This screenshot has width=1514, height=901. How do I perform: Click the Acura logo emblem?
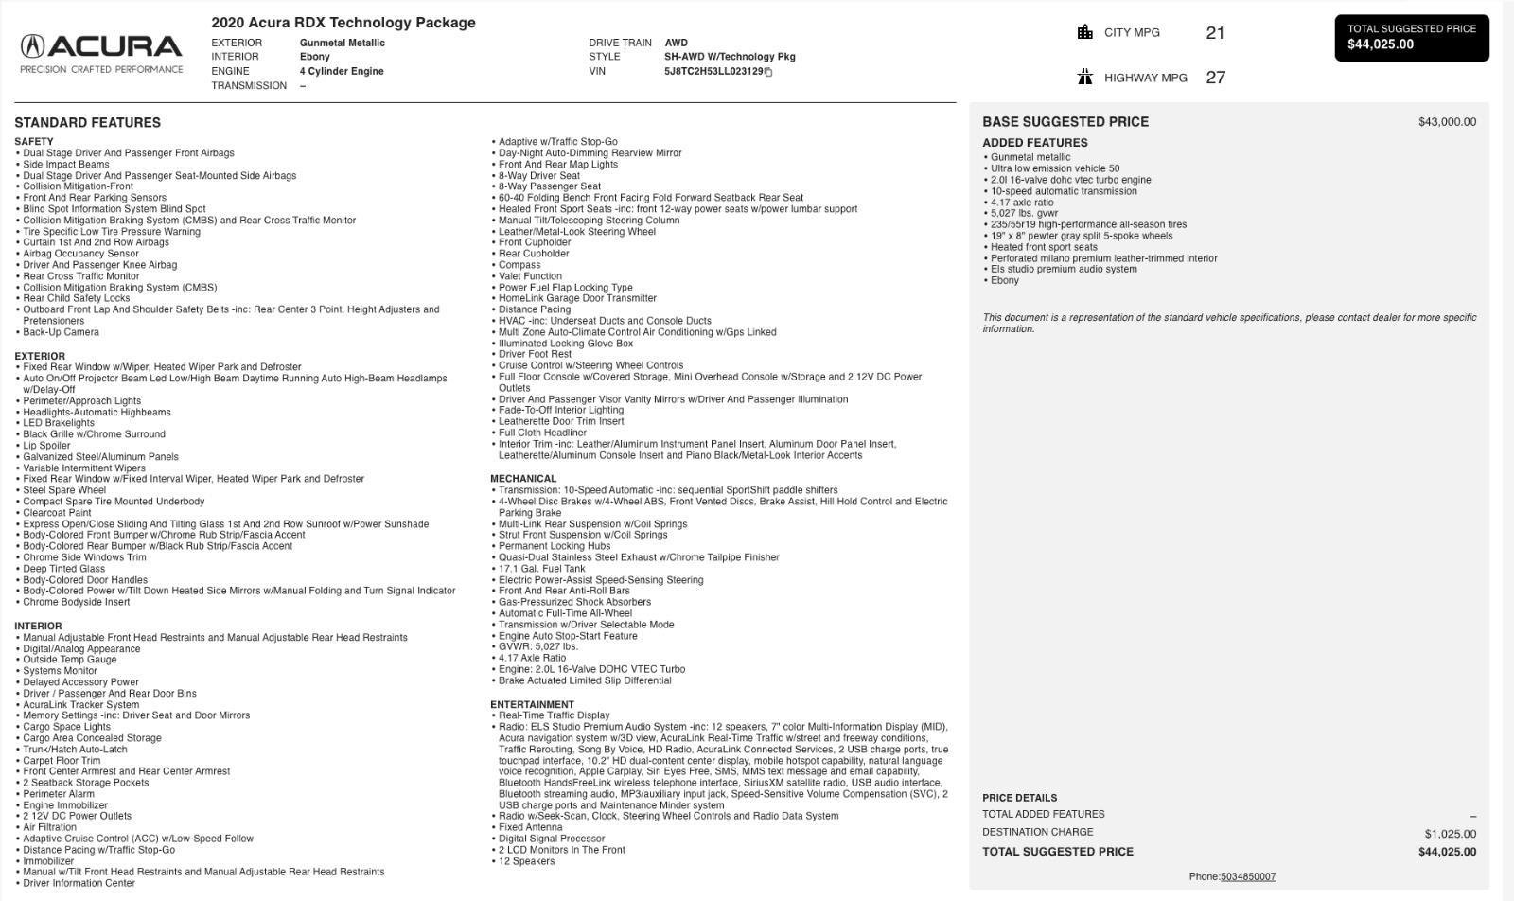tap(32, 46)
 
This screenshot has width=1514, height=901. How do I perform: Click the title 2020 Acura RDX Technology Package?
tap(343, 23)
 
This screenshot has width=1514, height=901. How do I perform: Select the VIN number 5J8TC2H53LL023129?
tap(713, 71)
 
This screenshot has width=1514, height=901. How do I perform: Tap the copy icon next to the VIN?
tap(768, 72)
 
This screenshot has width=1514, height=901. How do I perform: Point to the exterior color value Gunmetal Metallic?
tap(342, 43)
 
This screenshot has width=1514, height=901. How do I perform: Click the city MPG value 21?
tap(1215, 33)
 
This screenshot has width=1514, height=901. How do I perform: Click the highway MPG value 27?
tap(1215, 78)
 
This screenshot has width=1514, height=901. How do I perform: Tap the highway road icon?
tap(1084, 77)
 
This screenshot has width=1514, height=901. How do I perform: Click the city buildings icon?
tap(1084, 32)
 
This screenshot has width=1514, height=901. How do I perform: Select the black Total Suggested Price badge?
tap(1411, 38)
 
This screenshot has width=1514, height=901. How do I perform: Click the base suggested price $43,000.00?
tap(1446, 122)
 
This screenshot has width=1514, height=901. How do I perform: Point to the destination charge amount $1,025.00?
tap(1450, 834)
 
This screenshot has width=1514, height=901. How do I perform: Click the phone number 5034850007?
tap(1247, 876)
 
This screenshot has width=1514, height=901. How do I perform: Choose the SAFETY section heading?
tap(34, 142)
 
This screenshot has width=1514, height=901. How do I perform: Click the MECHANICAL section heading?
tap(523, 479)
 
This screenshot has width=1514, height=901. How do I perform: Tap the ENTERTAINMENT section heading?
tap(532, 705)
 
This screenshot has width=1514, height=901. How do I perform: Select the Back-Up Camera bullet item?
tap(61, 332)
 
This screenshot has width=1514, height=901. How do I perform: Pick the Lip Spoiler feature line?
tap(46, 446)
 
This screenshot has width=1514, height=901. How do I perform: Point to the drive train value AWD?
tap(676, 43)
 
